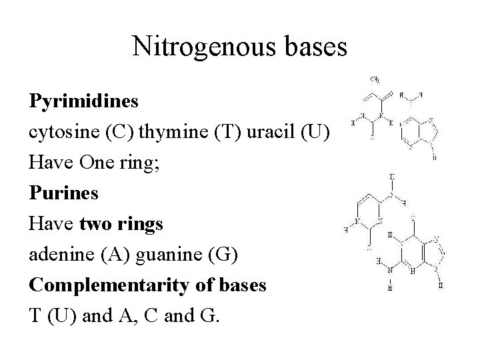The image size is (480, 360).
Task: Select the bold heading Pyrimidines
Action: [x=84, y=101]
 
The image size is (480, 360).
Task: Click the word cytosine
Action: [x=64, y=131]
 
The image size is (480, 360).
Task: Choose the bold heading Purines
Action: [x=64, y=193]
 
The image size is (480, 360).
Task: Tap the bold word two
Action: [x=93, y=224]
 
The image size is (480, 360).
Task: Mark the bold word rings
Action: [x=139, y=224]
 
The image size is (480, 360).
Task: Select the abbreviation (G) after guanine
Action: [x=224, y=255]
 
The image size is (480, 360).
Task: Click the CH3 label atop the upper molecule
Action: [x=375, y=79]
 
